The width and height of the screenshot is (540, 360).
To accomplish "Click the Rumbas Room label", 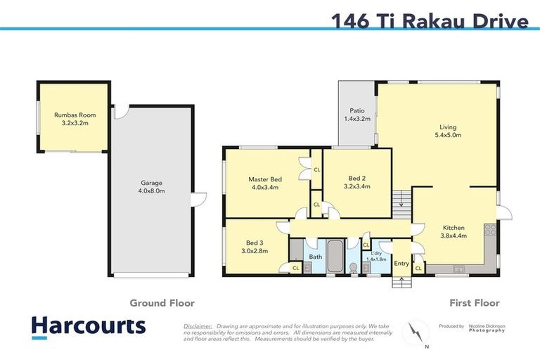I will (75, 115).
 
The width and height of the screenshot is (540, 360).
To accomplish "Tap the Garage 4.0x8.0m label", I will (151, 187).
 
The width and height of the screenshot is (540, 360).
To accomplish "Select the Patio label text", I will (356, 110).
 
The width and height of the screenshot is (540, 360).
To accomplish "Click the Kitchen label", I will (453, 227).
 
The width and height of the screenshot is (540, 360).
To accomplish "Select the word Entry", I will (401, 264).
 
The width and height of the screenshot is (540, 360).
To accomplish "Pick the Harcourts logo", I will (88, 326).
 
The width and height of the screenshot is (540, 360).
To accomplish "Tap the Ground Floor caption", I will (162, 303).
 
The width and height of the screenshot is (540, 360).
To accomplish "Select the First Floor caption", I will (475, 303).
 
